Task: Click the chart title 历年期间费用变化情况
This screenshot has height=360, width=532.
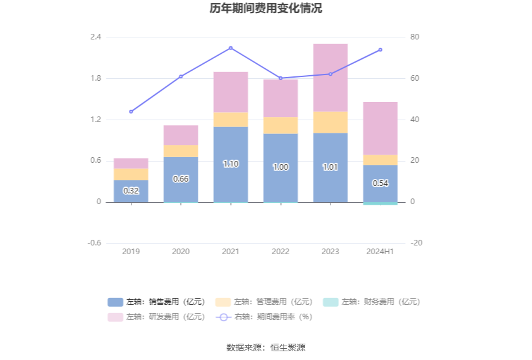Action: tap(266, 9)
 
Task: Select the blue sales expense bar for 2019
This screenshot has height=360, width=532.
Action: tap(131, 191)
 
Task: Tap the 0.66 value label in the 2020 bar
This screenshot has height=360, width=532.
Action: tap(180, 178)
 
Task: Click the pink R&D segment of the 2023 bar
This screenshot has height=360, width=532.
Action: tap(330, 78)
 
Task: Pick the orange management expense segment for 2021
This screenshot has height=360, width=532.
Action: tap(230, 120)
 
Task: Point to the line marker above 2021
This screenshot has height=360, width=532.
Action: tap(230, 48)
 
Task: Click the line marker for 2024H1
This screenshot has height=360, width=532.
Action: tap(380, 49)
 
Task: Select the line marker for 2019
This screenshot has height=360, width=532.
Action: tap(131, 111)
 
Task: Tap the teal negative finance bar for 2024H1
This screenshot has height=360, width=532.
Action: tap(380, 203)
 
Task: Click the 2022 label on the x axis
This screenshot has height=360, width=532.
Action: tap(280, 251)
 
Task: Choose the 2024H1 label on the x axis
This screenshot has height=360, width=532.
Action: tap(380, 251)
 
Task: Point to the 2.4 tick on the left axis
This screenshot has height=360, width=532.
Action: tap(96, 38)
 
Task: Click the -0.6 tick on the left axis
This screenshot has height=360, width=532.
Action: tap(95, 243)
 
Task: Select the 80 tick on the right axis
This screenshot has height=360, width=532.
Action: tap(414, 38)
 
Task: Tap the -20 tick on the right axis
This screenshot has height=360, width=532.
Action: tap(416, 243)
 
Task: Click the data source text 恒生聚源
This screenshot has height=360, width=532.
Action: tap(288, 347)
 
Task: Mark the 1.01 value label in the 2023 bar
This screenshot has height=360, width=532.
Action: tap(330, 167)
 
